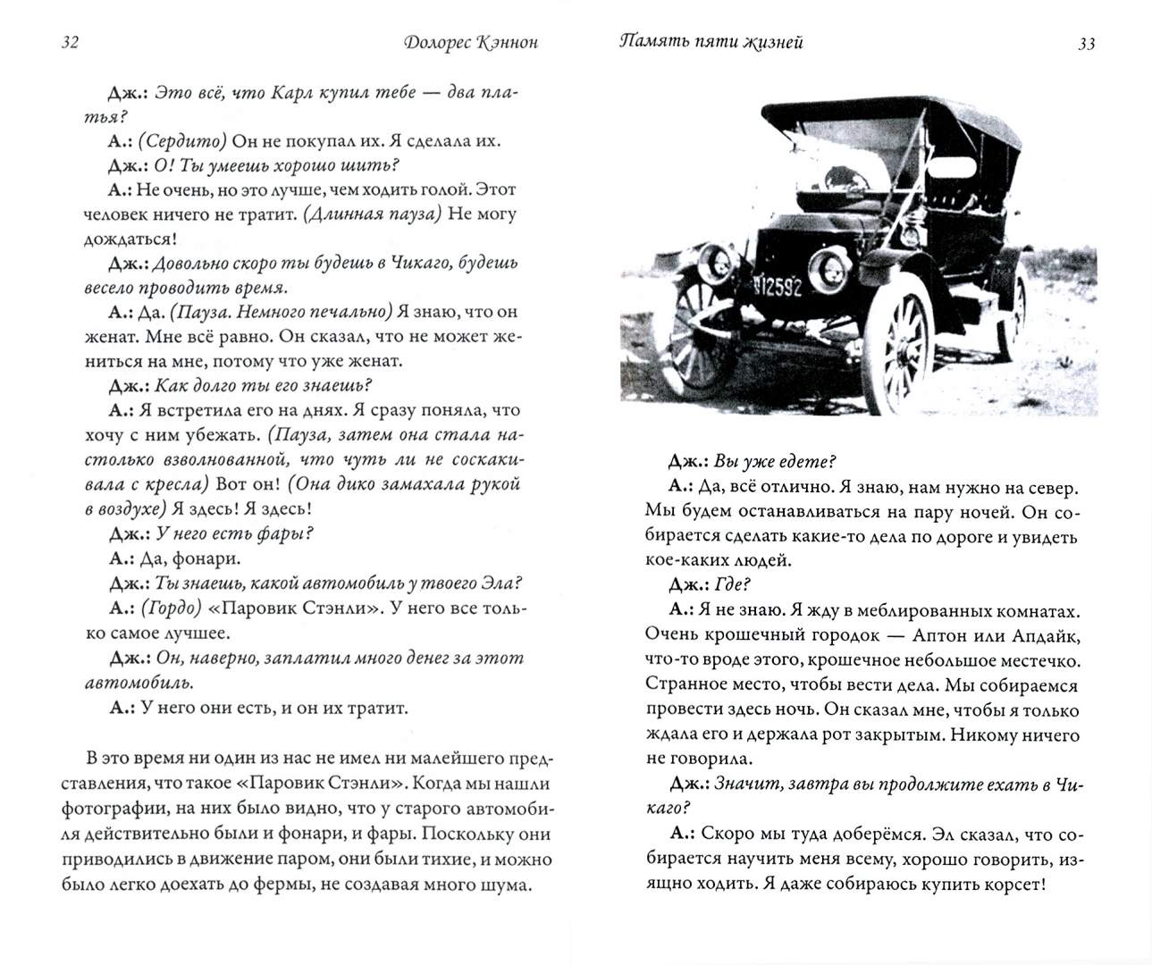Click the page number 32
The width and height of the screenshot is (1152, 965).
point(69,43)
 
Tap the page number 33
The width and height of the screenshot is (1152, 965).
point(1087,43)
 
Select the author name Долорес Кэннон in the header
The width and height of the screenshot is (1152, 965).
point(469,43)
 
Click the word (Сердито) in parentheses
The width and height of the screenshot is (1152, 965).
point(185,141)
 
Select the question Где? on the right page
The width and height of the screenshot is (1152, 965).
point(733,585)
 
